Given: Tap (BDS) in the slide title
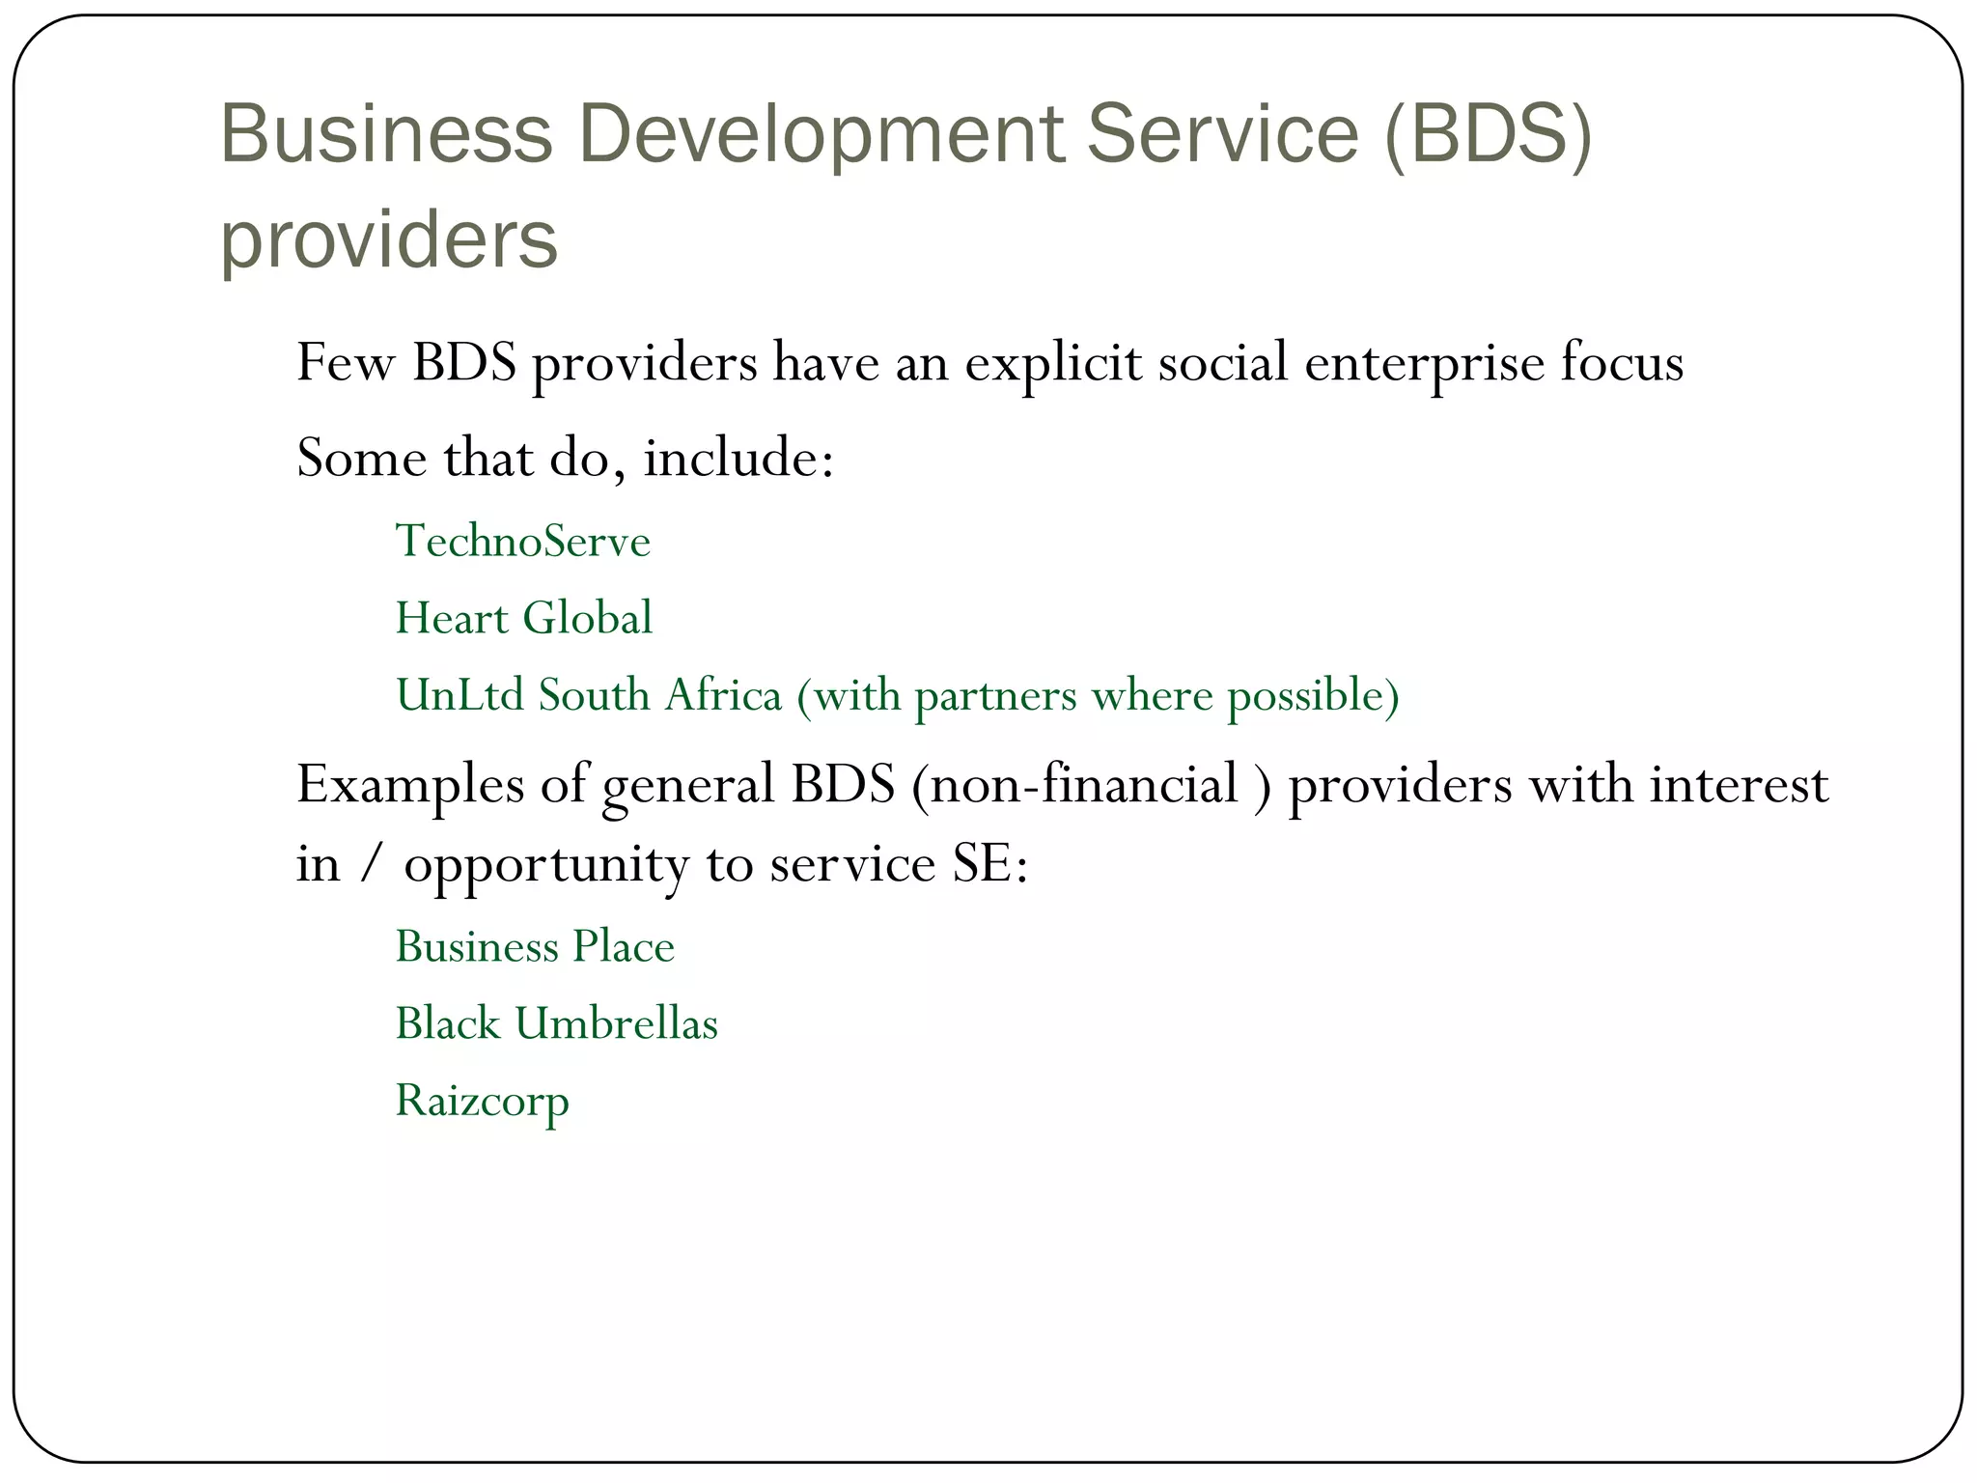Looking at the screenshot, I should click(1487, 135).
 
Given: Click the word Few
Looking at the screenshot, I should click(346, 364).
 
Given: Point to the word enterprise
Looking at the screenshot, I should click(1425, 364).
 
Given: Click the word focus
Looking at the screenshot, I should click(1622, 364).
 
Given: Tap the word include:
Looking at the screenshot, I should click(738, 457).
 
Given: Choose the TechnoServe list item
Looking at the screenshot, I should click(523, 541).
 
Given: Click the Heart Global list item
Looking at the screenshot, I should click(524, 618).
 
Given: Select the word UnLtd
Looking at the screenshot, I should click(459, 695).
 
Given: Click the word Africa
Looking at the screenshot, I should click(722, 695).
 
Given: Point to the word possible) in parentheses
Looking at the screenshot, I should click(1313, 695).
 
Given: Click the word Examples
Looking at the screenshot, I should click(410, 784).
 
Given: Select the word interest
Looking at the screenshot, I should click(1739, 784).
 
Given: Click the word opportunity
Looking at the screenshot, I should click(545, 864).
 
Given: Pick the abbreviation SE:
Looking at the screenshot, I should click(990, 864).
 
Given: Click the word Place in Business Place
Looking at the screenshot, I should click(623, 946).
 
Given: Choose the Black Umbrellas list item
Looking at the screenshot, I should click(557, 1023).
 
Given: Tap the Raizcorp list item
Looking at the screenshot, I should click(483, 1101).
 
